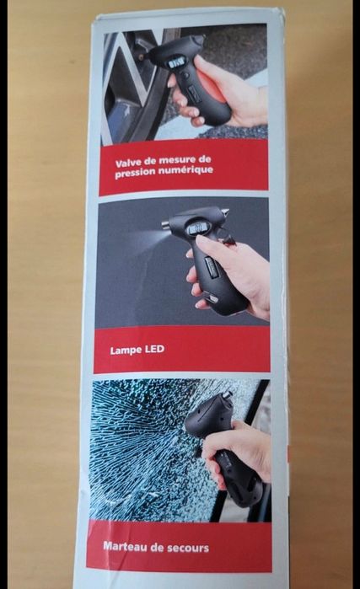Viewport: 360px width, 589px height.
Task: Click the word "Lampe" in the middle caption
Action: [x=121, y=351]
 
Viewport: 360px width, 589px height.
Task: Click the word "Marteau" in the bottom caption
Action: [x=125, y=546]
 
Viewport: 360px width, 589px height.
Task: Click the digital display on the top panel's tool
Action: [x=176, y=63]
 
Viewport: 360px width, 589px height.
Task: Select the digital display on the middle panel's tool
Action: [x=197, y=228]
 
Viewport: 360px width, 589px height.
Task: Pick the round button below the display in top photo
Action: [x=185, y=75]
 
